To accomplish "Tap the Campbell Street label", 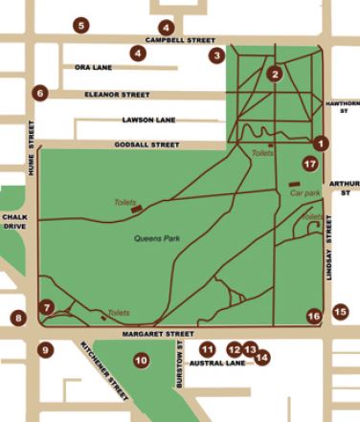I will point(179,41).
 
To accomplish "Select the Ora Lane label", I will point(94,68).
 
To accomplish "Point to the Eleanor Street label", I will point(118,95).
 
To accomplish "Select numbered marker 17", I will point(309,165).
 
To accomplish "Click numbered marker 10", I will point(141,361).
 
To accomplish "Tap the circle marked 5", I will point(80,25).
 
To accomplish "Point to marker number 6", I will point(38,93).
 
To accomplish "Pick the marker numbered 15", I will point(340,311).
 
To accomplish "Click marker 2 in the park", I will point(275,73).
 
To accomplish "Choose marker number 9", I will point(45,350).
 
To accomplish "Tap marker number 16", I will point(313,316).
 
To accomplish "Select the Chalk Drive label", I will point(13,222).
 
